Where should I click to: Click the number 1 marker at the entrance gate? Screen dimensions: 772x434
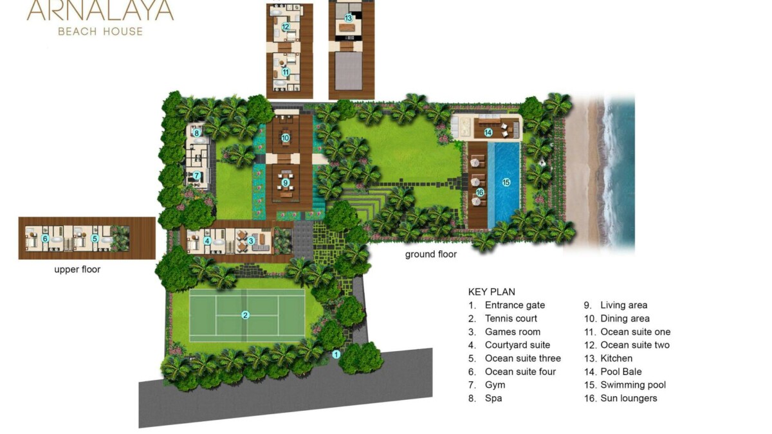[x=336, y=354]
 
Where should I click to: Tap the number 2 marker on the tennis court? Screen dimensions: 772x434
[x=245, y=315]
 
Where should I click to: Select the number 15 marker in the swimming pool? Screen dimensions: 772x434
[x=506, y=182]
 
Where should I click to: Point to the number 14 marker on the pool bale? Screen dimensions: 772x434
[x=488, y=132]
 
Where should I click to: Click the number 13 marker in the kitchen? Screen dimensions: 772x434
[x=349, y=18]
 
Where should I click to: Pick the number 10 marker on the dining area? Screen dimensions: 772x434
[x=286, y=138]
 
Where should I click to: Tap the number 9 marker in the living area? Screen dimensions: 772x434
[x=286, y=183]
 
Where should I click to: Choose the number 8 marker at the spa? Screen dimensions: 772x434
[x=196, y=133]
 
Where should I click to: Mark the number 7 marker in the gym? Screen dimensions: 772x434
[x=196, y=176]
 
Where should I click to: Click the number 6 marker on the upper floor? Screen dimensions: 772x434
[x=45, y=239]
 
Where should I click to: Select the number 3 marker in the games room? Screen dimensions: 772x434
[x=251, y=240]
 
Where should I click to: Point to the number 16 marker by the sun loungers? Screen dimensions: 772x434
[x=480, y=192]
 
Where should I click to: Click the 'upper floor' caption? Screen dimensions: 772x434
[x=77, y=269]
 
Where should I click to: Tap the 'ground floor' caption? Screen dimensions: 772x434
[x=431, y=255]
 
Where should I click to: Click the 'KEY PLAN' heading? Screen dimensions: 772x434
[x=492, y=292]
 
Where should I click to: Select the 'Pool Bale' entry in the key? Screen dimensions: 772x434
[x=621, y=372]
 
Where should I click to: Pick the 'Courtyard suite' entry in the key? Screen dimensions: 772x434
[x=517, y=345]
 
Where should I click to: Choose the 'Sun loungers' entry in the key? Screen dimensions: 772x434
[x=629, y=398]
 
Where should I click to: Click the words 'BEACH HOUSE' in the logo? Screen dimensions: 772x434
[x=100, y=32]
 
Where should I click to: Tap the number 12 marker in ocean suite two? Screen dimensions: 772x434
[x=286, y=27]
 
